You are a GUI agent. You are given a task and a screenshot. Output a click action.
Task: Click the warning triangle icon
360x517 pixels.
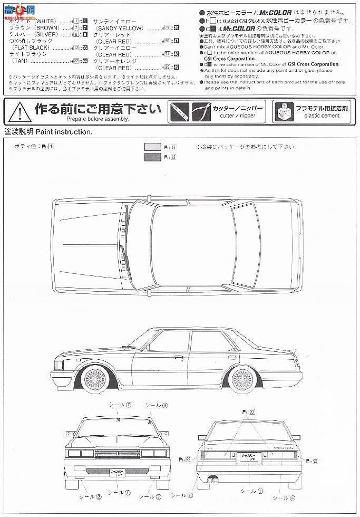click(x=17, y=112)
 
